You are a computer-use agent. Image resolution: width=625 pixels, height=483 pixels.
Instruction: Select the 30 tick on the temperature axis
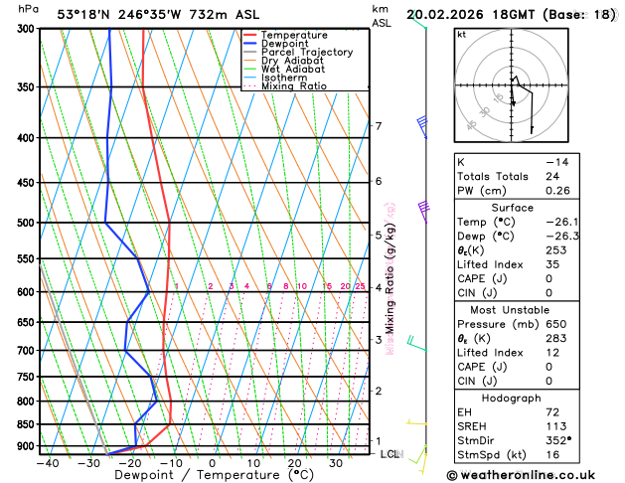click(x=335, y=462)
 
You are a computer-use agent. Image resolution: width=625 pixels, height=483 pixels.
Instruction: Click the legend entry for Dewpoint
click(x=288, y=44)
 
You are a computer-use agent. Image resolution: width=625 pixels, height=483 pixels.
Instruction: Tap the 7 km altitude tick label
click(x=378, y=126)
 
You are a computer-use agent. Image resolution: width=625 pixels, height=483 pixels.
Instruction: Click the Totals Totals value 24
click(x=553, y=176)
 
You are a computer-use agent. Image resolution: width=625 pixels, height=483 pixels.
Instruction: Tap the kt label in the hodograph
click(x=462, y=35)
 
